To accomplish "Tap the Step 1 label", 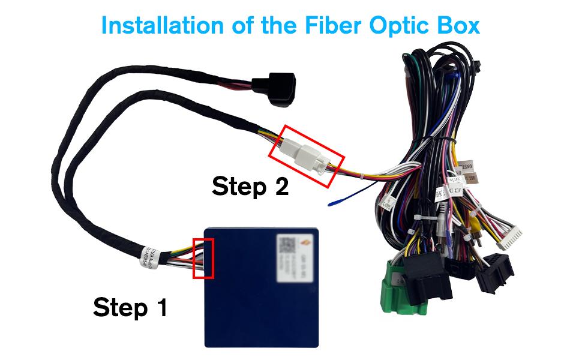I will pyautogui.click(x=130, y=307).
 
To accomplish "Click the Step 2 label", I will pyautogui.click(x=250, y=187).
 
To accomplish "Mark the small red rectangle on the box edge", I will pyautogui.click(x=203, y=258).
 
